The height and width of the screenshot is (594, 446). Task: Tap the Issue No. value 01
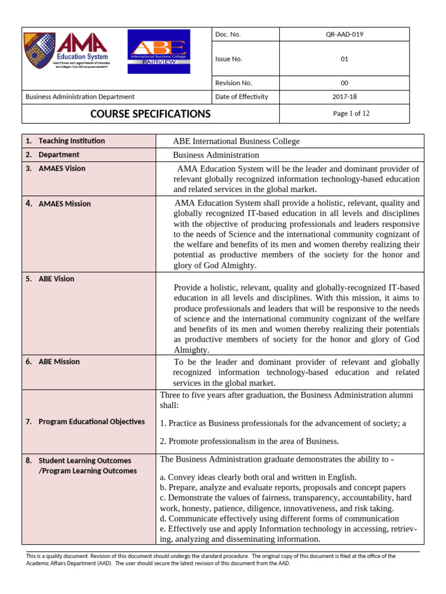(344, 59)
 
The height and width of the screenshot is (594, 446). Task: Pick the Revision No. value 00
(344, 83)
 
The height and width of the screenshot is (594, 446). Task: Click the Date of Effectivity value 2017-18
(344, 97)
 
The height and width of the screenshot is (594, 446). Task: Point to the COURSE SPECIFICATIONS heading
(150, 114)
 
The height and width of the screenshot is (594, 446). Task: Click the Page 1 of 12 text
(351, 114)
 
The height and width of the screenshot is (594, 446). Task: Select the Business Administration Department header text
(80, 97)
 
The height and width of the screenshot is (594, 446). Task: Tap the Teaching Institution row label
(71, 141)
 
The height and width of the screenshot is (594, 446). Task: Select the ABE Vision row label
(56, 279)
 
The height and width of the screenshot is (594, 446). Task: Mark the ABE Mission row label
(59, 362)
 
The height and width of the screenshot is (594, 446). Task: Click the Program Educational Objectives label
(91, 422)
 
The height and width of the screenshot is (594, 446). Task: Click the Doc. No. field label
(228, 35)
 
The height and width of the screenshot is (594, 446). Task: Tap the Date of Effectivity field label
(242, 97)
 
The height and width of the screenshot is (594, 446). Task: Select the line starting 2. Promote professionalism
(249, 441)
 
